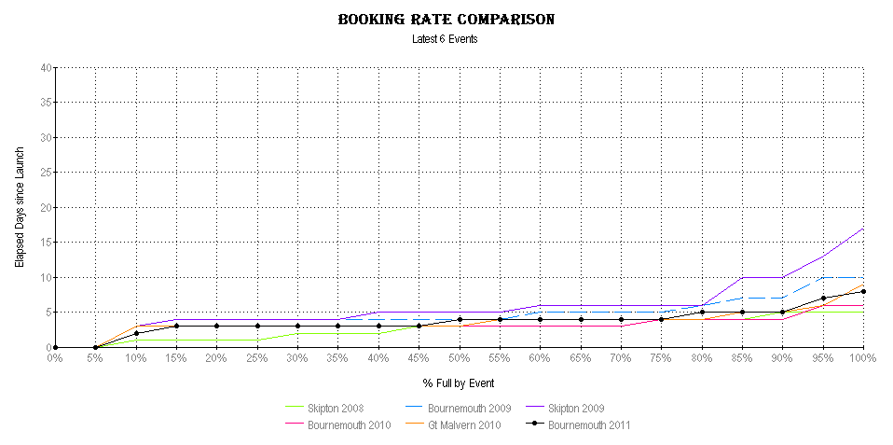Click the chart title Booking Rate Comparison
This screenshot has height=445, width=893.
[x=446, y=20]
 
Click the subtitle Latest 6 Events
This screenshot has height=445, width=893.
[x=445, y=39]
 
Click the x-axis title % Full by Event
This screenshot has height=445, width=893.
[x=458, y=383]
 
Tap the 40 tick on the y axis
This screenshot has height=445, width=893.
[x=46, y=68]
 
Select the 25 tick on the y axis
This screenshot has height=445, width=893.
[x=46, y=173]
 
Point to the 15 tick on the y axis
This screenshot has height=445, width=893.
[x=46, y=243]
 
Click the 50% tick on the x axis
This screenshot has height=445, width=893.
[x=460, y=359]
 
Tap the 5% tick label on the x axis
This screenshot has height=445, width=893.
[x=95, y=359]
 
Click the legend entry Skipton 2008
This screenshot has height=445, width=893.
[x=335, y=409]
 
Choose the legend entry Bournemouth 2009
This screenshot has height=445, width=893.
[x=466, y=409]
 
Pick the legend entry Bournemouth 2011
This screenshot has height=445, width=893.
[x=587, y=425]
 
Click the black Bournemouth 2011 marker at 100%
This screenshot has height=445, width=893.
[x=864, y=291]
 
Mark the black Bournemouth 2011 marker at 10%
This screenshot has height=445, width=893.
[x=136, y=333]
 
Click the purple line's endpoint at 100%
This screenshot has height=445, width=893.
[x=864, y=229]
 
